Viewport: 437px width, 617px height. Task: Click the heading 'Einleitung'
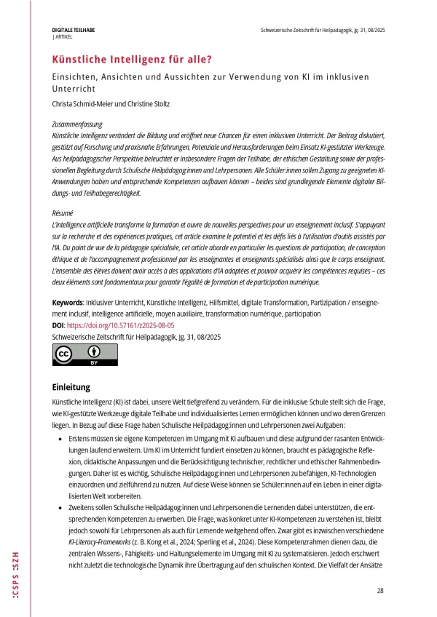tap(71, 386)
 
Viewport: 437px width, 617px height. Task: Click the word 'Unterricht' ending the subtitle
tap(74, 88)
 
